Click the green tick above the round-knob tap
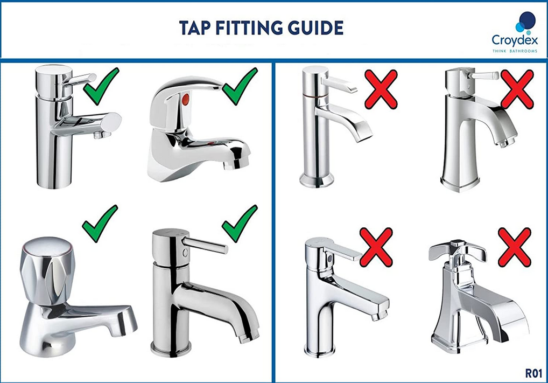100,223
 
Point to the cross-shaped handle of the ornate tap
457,250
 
